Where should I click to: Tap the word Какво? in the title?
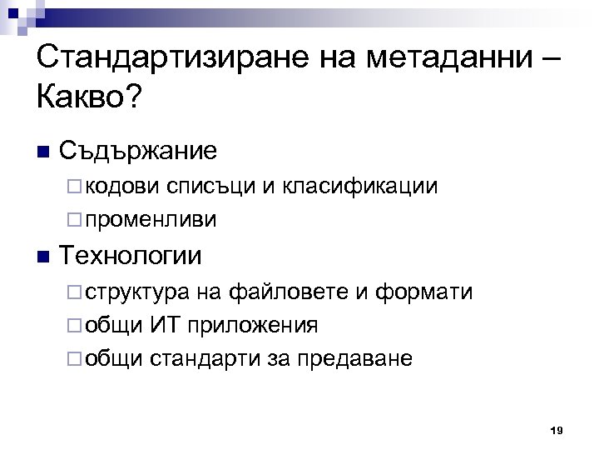click(x=91, y=101)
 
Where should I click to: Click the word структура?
click(x=136, y=292)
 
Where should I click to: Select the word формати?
click(x=425, y=292)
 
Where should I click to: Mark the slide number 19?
click(x=557, y=430)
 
